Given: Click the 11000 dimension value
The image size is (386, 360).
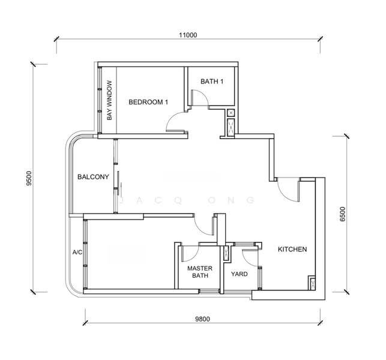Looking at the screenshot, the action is pyautogui.click(x=188, y=35).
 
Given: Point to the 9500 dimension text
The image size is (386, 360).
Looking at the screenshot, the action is pyautogui.click(x=29, y=178).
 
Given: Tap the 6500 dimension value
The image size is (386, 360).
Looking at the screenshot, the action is pyautogui.click(x=342, y=214).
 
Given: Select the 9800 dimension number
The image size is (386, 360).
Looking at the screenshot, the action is pyautogui.click(x=202, y=319).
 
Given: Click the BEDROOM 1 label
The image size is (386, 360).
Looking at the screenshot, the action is pyautogui.click(x=148, y=102).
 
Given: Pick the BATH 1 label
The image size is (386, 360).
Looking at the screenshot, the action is pyautogui.click(x=212, y=81).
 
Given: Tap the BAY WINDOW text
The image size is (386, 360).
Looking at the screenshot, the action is pyautogui.click(x=109, y=100).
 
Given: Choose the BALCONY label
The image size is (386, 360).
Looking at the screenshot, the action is pyautogui.click(x=93, y=176).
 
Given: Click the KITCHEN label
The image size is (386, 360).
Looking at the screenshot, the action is pyautogui.click(x=292, y=249).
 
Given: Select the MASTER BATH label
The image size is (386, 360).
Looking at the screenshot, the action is pyautogui.click(x=200, y=272).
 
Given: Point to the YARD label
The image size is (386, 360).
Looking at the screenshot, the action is pyautogui.click(x=240, y=274).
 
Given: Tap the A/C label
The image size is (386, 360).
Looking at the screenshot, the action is pyautogui.click(x=77, y=252).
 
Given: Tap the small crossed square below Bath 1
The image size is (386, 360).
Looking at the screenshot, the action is pyautogui.click(x=231, y=113).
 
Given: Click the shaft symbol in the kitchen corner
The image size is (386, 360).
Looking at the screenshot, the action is pyautogui.click(x=312, y=284).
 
